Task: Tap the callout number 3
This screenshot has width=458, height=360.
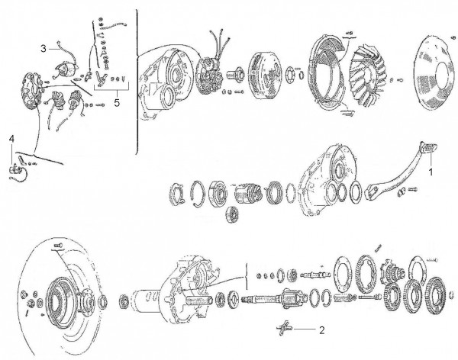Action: (x=44, y=47)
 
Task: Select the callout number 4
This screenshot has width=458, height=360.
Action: (x=11, y=138)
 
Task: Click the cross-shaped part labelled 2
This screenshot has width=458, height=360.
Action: (x=285, y=329)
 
